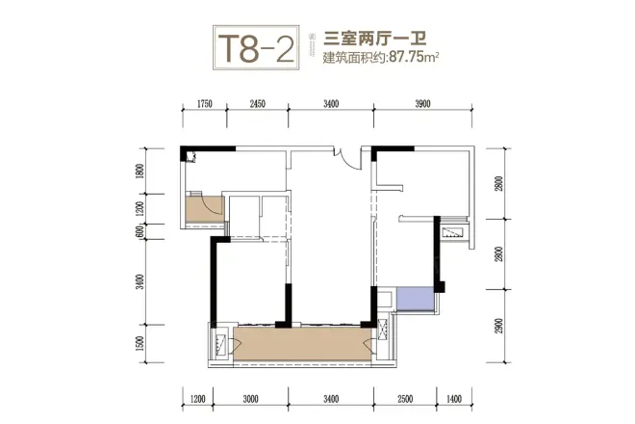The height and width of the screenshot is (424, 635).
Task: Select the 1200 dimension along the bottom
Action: click(x=199, y=397)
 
